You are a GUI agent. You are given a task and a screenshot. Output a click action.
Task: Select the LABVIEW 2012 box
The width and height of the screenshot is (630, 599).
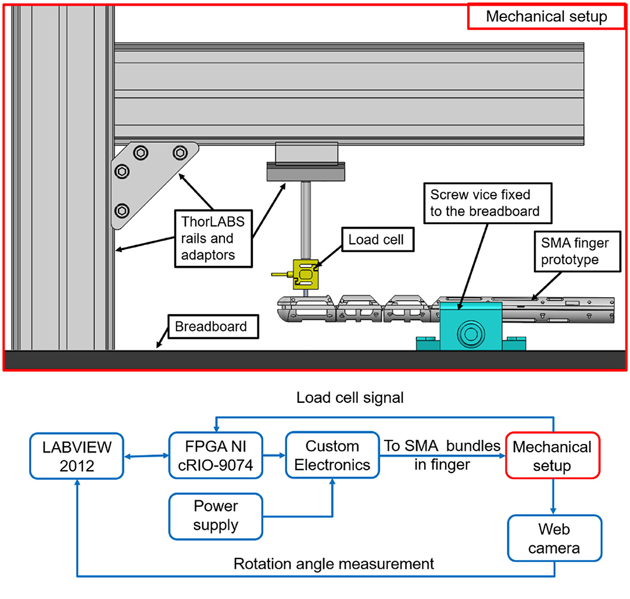(x=77, y=456)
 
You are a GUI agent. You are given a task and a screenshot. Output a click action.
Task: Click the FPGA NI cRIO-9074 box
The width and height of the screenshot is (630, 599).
(x=216, y=456)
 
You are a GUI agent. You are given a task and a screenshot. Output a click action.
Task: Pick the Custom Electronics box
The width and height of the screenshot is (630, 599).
(x=332, y=455)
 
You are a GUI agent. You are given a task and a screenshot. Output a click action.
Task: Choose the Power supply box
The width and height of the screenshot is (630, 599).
(x=216, y=516)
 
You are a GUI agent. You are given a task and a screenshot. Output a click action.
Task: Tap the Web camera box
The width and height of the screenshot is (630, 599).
(x=554, y=538)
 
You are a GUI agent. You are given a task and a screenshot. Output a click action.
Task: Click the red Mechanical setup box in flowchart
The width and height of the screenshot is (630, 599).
(x=553, y=456)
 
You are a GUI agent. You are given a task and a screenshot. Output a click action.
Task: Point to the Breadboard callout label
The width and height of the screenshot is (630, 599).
(x=213, y=327)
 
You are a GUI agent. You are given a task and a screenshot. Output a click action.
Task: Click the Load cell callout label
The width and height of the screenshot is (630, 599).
(x=378, y=240)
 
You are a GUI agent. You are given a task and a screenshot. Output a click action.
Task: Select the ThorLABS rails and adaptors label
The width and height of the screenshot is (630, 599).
(x=213, y=239)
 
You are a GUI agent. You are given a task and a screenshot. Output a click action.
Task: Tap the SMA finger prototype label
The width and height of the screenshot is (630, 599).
(x=577, y=251)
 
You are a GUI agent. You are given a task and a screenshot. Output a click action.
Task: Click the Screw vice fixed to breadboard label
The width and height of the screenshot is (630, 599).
(x=488, y=203)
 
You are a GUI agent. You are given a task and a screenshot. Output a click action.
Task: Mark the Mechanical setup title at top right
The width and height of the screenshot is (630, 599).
(x=546, y=16)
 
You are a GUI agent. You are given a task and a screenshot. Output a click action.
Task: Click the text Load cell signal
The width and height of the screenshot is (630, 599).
(x=350, y=398)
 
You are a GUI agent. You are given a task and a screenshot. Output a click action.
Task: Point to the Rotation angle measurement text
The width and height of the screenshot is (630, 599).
(x=334, y=564)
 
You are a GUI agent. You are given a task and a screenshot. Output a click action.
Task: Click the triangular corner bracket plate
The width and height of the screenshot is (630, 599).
(x=149, y=181)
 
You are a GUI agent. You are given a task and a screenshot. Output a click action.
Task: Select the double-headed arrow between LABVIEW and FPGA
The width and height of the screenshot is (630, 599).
(x=146, y=456)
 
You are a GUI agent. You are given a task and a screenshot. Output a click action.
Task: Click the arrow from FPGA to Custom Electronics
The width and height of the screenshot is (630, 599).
(x=274, y=455)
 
